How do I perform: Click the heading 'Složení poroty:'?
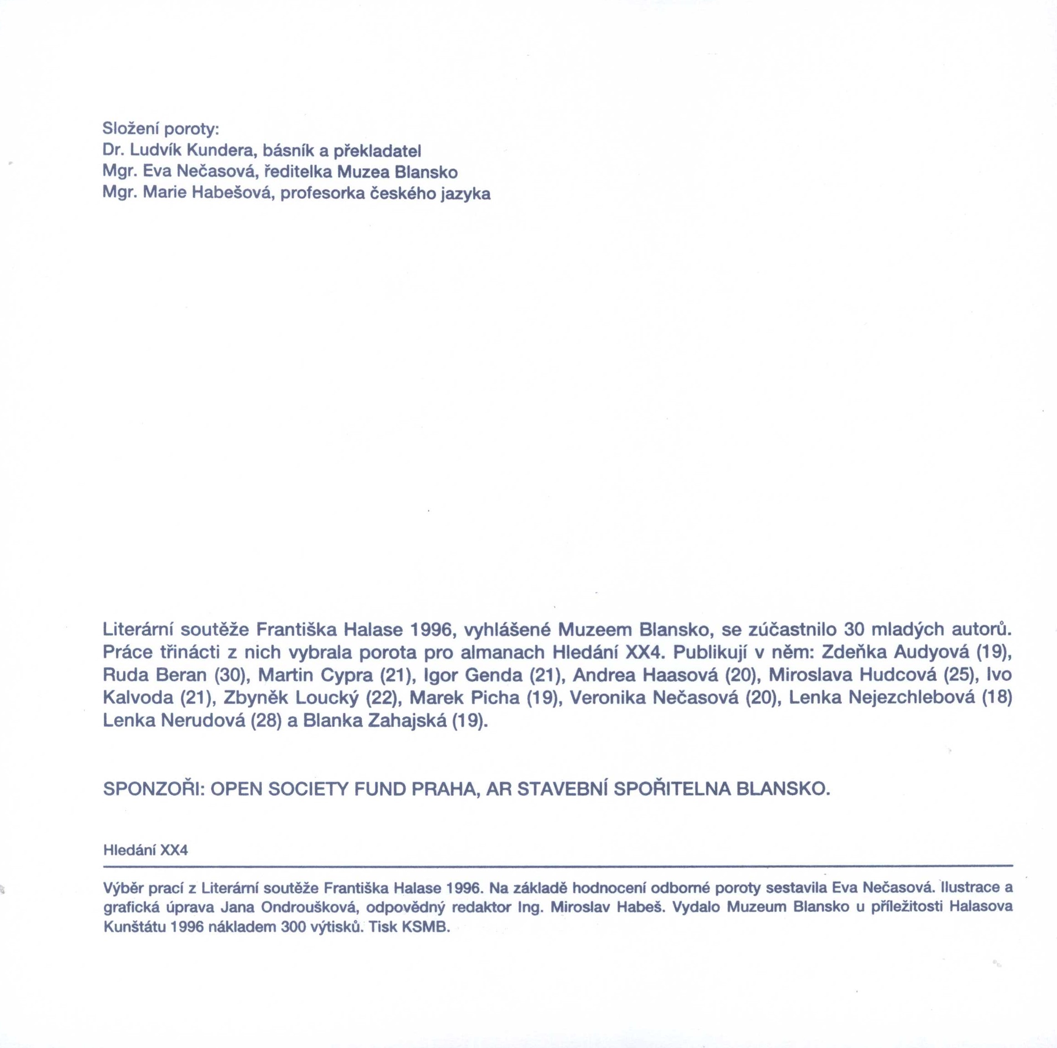(x=160, y=129)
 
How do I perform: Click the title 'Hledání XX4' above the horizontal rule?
(x=145, y=851)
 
